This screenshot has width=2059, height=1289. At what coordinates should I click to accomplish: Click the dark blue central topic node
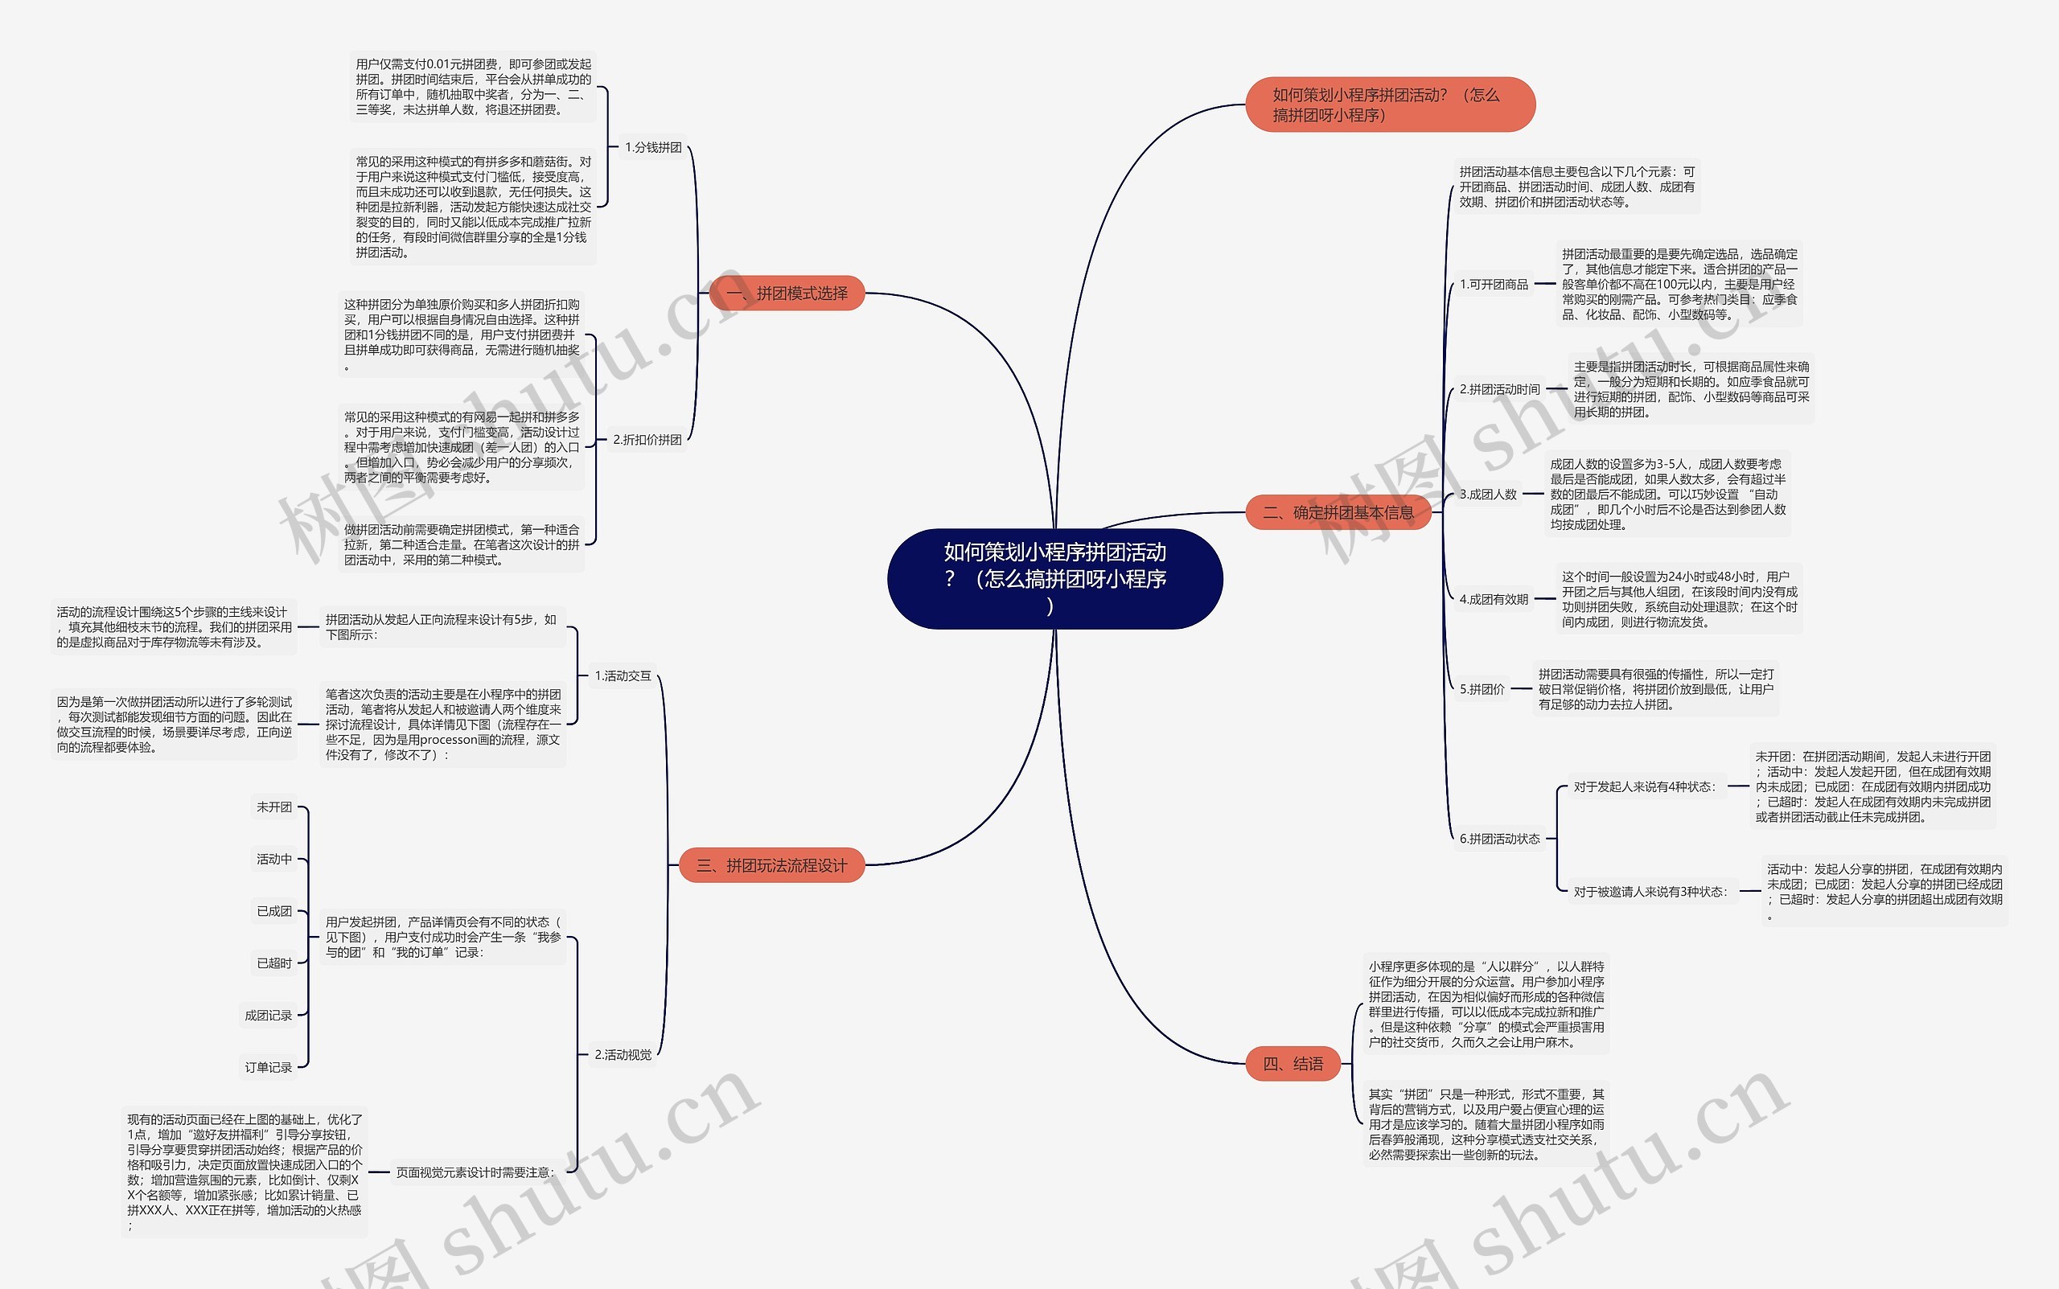[x=1054, y=579]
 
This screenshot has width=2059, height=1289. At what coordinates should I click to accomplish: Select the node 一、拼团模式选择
[x=787, y=294]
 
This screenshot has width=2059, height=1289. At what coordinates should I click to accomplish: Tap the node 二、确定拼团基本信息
[x=1338, y=512]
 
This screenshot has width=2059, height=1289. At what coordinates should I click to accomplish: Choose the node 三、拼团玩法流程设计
[x=771, y=865]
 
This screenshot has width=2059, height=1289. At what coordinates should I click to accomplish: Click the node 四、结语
[x=1293, y=1063]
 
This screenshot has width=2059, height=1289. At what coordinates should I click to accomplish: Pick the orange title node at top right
[x=1390, y=105]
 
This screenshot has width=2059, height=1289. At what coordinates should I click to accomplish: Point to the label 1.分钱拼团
[x=653, y=147]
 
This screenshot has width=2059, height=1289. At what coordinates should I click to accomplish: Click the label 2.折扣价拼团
[x=647, y=440]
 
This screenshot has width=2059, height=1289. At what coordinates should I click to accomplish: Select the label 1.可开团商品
[x=1494, y=284]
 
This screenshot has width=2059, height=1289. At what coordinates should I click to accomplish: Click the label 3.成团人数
[x=1488, y=495]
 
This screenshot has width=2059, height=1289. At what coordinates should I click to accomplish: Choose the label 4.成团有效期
[x=1494, y=599]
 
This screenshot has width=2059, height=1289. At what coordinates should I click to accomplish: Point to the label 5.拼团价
[x=1482, y=689]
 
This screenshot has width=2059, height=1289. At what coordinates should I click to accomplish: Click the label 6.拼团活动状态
[x=1500, y=839]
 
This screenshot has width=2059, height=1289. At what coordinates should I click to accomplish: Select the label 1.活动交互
[x=623, y=676]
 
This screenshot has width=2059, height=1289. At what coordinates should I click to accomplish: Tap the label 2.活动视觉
[x=623, y=1054]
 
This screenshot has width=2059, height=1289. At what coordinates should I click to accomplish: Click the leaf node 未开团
[x=273, y=807]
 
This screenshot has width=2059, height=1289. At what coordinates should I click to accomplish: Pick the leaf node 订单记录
[x=268, y=1067]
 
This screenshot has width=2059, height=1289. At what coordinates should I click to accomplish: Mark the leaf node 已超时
[x=273, y=963]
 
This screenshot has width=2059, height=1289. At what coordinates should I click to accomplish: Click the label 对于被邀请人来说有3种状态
[x=1650, y=892]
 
